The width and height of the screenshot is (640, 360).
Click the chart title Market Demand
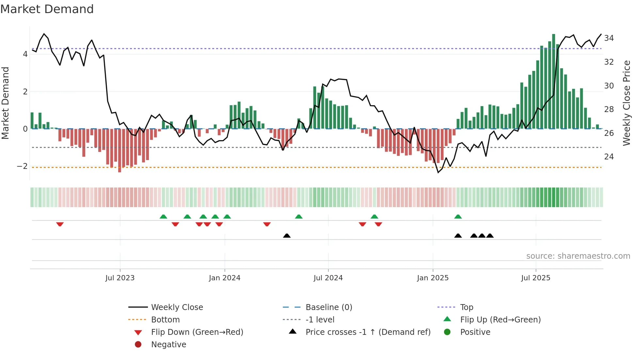[47, 9]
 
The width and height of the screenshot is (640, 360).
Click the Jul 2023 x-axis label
[120, 278]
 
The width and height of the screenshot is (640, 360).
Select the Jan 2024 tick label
[225, 278]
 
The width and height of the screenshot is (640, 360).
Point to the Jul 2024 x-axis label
[328, 278]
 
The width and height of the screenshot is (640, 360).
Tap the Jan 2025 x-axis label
[433, 278]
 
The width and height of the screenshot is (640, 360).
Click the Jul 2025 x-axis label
[536, 278]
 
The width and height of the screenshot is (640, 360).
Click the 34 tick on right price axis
[609, 38]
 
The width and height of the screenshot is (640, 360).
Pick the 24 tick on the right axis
[609, 157]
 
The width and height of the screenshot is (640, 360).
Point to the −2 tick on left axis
[23, 166]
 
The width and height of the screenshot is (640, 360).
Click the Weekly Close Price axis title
[626, 103]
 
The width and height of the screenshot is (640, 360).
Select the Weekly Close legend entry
[177, 307]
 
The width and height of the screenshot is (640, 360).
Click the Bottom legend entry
[165, 320]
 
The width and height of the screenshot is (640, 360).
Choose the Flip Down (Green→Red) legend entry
[197, 332]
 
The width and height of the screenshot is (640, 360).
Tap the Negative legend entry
[168, 345]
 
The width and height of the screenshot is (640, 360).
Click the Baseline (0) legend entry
[328, 307]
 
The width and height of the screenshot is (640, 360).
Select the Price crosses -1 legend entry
[368, 332]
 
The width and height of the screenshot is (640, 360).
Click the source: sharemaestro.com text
[578, 256]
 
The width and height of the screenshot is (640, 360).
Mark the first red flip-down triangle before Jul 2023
[60, 224]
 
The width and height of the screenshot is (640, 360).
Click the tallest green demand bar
[553, 82]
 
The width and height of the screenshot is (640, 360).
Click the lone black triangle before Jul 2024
[287, 236]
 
